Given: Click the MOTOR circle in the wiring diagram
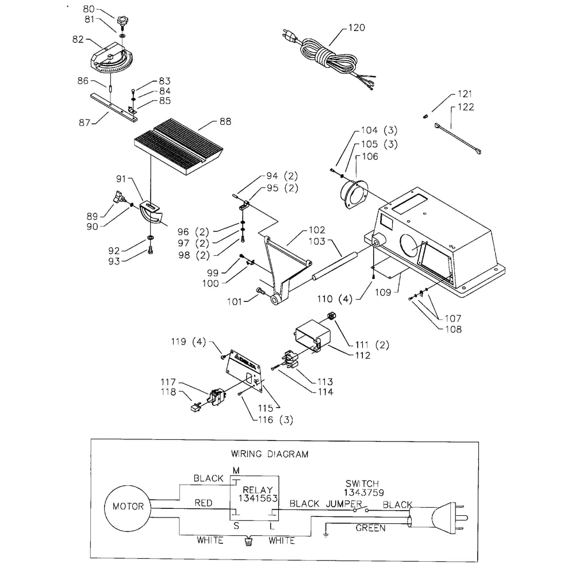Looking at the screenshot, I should (x=128, y=507).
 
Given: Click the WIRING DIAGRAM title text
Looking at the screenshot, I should (x=269, y=454).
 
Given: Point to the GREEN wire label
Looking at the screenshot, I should (x=370, y=528).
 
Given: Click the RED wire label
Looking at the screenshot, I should (x=203, y=503).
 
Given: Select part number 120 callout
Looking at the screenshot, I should (x=356, y=28).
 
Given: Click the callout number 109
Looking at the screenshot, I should (x=383, y=292).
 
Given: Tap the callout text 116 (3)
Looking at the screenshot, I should (x=274, y=420).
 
